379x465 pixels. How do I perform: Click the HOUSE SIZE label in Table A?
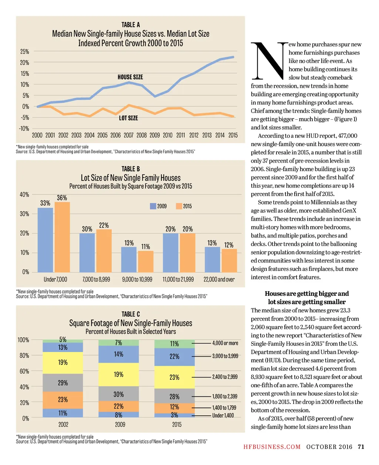click(x=130, y=77)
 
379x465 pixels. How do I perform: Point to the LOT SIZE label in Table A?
click(x=128, y=118)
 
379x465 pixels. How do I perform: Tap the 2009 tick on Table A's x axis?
click(x=155, y=135)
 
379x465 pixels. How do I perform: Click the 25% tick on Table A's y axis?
click(x=24, y=52)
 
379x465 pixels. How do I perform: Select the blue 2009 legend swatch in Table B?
click(x=153, y=206)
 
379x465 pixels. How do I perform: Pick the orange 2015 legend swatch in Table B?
click(x=179, y=206)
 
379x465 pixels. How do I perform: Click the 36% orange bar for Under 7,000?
click(x=62, y=237)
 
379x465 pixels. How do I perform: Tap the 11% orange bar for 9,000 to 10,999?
click(x=145, y=261)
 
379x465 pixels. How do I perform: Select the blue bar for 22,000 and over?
click(x=212, y=259)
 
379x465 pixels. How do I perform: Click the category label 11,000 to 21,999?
click(x=178, y=279)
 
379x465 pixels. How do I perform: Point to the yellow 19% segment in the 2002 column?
click(x=63, y=363)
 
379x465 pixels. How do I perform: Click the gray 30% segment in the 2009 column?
click(x=118, y=393)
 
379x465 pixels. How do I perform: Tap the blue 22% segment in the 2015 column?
click(x=174, y=357)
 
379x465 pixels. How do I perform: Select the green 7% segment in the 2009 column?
click(x=118, y=343)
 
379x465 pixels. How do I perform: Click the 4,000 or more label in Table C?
click(x=225, y=343)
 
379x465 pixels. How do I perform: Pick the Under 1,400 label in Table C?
click(x=223, y=415)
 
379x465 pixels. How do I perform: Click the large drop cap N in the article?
click(x=269, y=61)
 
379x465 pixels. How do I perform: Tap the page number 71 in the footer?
click(x=361, y=447)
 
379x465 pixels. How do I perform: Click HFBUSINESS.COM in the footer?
click(x=272, y=447)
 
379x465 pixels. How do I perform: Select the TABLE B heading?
click(x=131, y=169)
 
